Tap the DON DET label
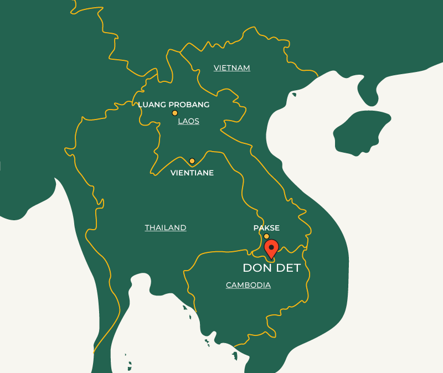pos(271,268)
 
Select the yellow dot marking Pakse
pos(266,236)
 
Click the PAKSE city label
pos(266,228)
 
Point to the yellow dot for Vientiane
pos(192,161)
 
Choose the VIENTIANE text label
pos(192,173)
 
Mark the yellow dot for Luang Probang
pos(174,113)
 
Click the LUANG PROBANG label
pos(173,105)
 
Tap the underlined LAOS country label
pos(188,121)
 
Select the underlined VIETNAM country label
pos(232,68)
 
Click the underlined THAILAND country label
pos(166,227)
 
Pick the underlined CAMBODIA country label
pos(248,285)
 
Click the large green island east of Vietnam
pos(360,132)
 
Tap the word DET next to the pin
pos(289,268)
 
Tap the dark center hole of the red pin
pos(271,246)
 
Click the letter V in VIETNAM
pos(217,68)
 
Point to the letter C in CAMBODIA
pos(229,285)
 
